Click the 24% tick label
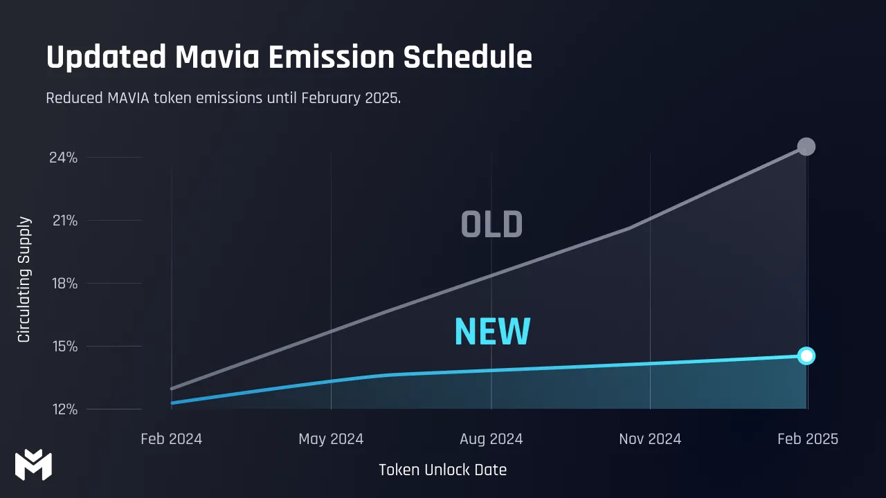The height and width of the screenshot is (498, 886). click(x=63, y=158)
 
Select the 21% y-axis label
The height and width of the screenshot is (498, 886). click(x=63, y=221)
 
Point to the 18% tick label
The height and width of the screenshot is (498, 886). click(x=63, y=284)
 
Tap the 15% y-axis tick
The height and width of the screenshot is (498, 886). click(x=63, y=347)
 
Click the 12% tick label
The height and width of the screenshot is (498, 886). click(x=63, y=409)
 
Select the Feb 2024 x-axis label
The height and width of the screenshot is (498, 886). click(x=171, y=439)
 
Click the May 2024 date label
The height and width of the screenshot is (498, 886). click(x=331, y=439)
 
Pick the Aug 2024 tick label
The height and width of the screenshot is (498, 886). click(x=491, y=439)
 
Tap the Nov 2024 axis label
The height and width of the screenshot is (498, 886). click(x=650, y=439)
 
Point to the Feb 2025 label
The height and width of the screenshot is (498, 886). click(x=807, y=439)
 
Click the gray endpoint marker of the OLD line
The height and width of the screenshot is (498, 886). click(x=806, y=147)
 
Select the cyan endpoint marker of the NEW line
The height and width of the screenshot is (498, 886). click(x=806, y=356)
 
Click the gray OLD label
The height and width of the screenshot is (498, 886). click(x=491, y=225)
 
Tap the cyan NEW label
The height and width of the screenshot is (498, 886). click(x=492, y=332)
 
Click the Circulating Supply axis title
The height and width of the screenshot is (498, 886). click(x=24, y=279)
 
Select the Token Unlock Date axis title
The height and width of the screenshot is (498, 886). click(x=442, y=470)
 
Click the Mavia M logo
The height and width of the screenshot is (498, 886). click(x=33, y=464)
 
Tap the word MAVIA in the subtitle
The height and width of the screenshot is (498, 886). click(x=131, y=98)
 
